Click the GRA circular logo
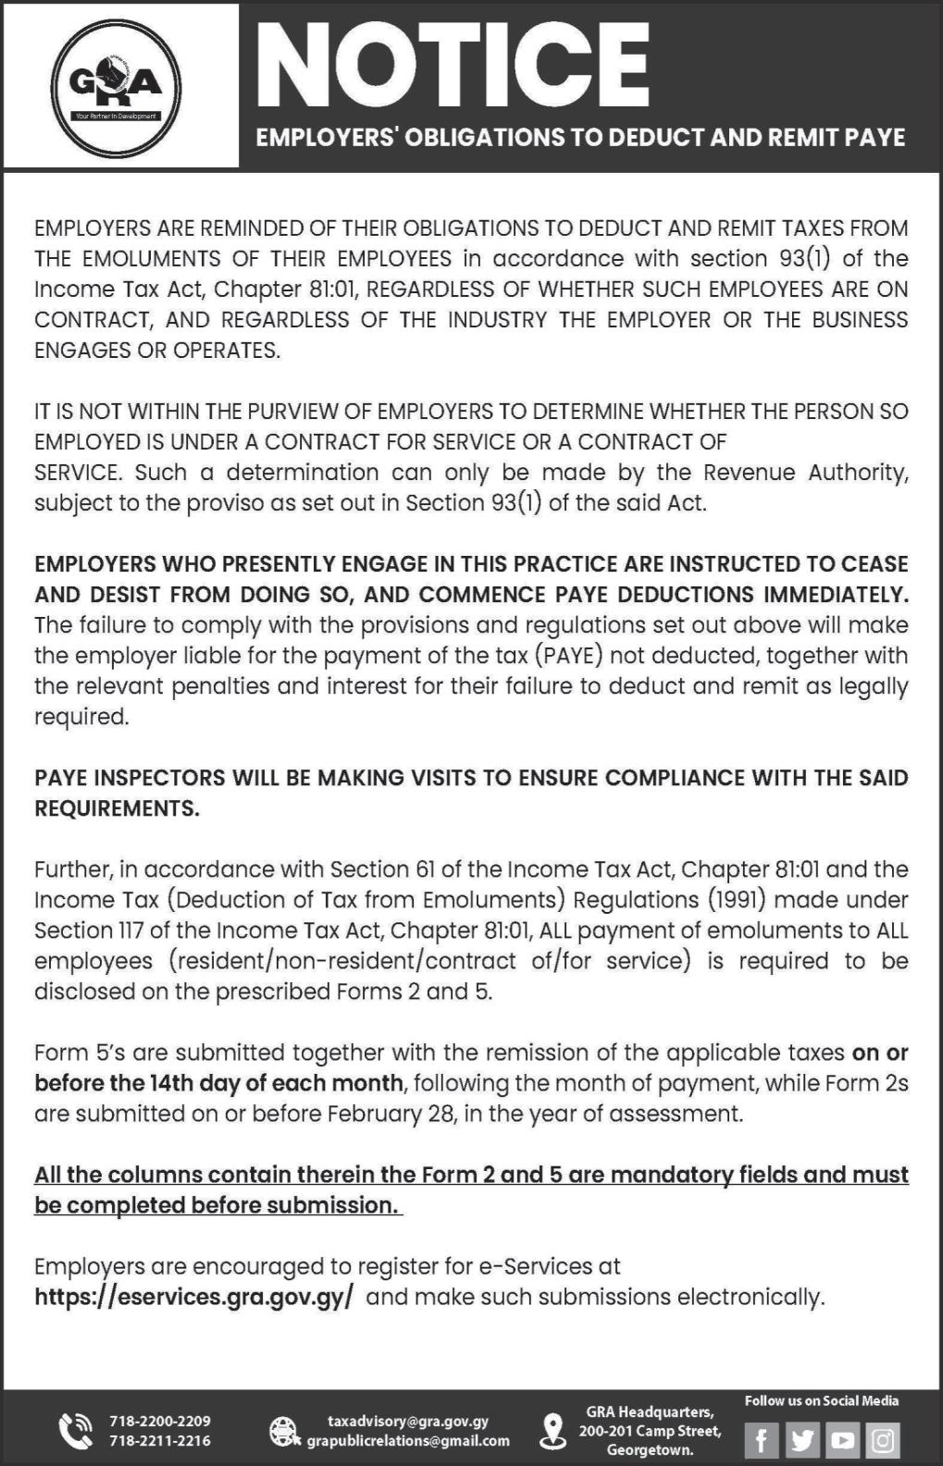point(117,90)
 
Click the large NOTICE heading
point(453,65)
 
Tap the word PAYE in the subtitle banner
point(875,138)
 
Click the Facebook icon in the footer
point(762,1440)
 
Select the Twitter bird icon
point(802,1440)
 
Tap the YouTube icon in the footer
point(843,1440)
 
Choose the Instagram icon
point(884,1440)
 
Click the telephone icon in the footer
point(75,1431)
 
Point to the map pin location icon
point(552,1430)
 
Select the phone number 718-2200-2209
point(160,1421)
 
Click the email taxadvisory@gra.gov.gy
point(408,1421)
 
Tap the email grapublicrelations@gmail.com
point(408,1440)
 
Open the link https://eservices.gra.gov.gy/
point(193,1297)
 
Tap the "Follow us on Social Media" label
point(821,1400)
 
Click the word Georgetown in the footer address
point(650,1449)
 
